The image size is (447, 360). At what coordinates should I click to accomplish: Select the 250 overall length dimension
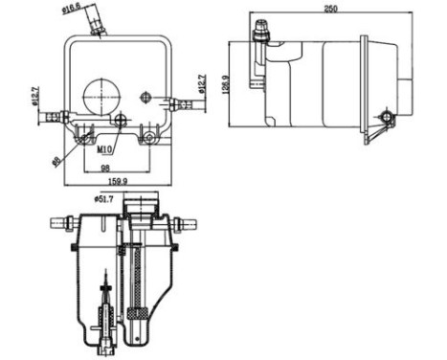click(332, 10)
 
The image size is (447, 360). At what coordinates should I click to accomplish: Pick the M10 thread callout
click(107, 149)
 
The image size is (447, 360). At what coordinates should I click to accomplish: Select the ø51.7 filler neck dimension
click(105, 198)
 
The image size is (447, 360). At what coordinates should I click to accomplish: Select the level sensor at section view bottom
click(107, 321)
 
